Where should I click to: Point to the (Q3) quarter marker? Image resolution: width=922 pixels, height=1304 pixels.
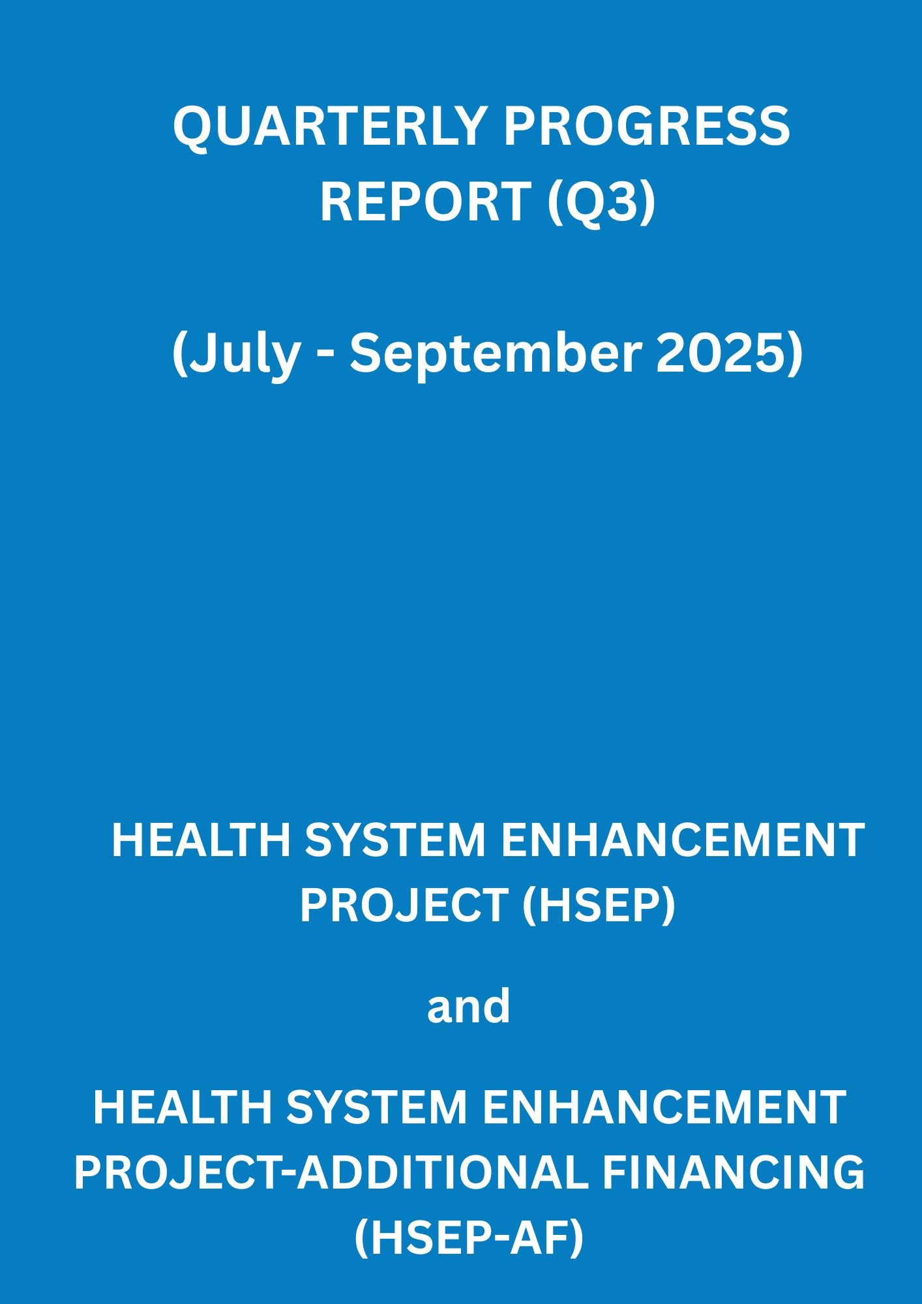(x=601, y=202)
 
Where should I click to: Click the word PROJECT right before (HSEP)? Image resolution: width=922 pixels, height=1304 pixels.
(x=404, y=906)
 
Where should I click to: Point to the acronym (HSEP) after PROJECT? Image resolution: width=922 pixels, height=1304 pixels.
(x=599, y=907)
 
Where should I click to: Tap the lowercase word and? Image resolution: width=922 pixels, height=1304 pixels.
(x=468, y=1005)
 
